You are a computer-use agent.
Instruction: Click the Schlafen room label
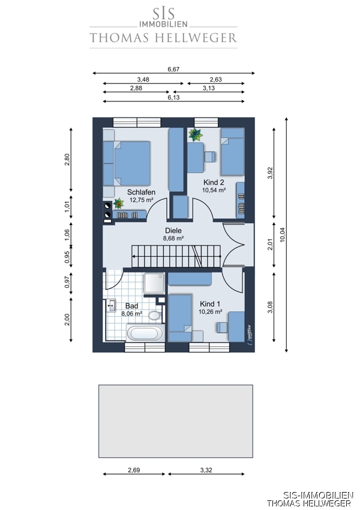pos(141,192)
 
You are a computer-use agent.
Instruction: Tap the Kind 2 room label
pos(214,182)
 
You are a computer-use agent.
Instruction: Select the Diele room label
pos(173,230)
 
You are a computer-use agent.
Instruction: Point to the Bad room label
pos(132,306)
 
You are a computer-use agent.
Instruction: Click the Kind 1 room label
pos(210,304)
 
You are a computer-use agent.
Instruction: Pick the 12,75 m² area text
pos(142,200)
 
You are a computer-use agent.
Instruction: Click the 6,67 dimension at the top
pos(173,69)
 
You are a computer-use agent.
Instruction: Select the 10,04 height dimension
pos(282,234)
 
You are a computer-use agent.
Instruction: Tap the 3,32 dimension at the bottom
pos(206,470)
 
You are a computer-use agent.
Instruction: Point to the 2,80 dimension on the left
pos(67,160)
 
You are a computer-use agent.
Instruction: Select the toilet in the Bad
pos(155,314)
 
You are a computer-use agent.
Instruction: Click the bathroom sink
pos(111,306)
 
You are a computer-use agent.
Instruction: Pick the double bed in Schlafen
pos(127,163)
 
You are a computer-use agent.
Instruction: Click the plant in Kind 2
pos(196,134)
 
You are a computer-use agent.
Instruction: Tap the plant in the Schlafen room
pos(118,203)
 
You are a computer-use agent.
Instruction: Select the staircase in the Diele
pos(176,256)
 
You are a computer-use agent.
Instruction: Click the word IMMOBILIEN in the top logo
pos(163,24)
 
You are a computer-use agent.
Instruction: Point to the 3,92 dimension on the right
pos(270,173)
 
